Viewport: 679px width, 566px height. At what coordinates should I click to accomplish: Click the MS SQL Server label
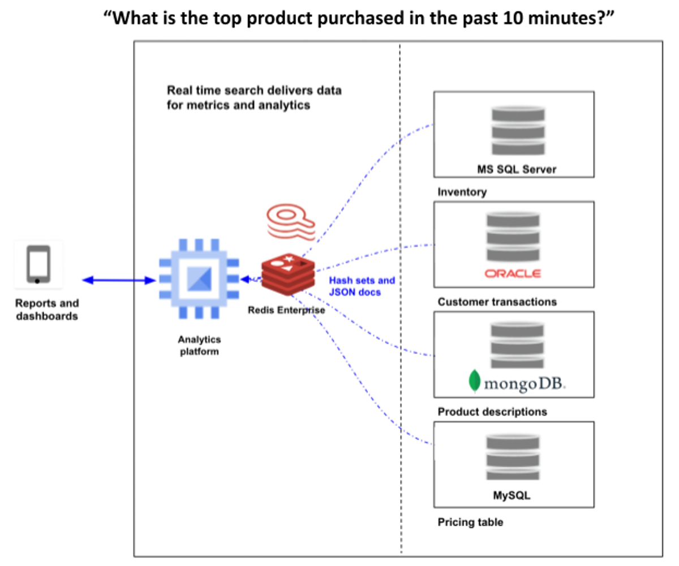[x=515, y=169]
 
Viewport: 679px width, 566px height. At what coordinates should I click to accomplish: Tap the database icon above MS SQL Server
[x=518, y=130]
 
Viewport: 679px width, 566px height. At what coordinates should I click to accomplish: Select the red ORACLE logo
[x=513, y=273]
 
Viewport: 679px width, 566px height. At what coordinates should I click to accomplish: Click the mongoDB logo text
[x=524, y=384]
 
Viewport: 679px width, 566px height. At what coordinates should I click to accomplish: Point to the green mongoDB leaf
[x=474, y=381]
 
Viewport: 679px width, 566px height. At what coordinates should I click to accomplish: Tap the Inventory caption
[x=462, y=192]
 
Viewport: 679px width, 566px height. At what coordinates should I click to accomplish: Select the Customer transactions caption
[x=497, y=302]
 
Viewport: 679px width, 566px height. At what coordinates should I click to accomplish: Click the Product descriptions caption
[x=492, y=411]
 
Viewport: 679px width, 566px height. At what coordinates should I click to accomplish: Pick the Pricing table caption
[x=470, y=522]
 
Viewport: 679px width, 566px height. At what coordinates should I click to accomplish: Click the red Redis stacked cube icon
[x=287, y=275]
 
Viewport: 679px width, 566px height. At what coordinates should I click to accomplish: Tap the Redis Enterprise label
[x=286, y=310]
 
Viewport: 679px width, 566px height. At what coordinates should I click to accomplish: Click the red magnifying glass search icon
[x=290, y=224]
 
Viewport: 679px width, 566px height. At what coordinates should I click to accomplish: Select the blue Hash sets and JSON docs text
[x=362, y=286]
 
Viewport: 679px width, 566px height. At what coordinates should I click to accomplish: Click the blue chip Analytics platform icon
[x=199, y=279]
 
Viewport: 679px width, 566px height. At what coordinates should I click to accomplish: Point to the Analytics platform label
[x=199, y=345]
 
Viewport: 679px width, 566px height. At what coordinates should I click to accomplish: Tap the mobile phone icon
[x=38, y=264]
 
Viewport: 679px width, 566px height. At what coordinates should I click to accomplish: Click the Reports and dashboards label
[x=46, y=310]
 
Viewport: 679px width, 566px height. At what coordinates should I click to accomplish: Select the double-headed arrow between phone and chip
[x=119, y=280]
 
